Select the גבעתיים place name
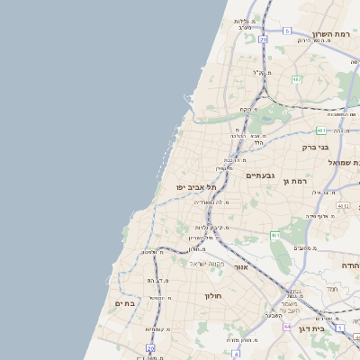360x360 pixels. click(260, 176)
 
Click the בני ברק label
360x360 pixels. click(314, 147)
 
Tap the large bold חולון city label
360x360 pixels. click(213, 295)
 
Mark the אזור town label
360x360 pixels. click(239, 267)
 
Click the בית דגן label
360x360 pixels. click(337, 329)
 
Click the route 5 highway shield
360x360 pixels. click(286, 31)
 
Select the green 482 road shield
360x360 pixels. click(296, 79)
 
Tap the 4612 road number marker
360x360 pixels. click(343, 206)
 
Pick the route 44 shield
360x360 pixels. click(286, 326)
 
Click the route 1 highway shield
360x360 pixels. click(340, 328)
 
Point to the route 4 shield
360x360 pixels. click(236, 354)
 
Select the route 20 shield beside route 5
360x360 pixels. click(263, 40)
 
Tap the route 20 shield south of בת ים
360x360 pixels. click(150, 347)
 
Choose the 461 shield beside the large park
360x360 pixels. click(274, 236)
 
